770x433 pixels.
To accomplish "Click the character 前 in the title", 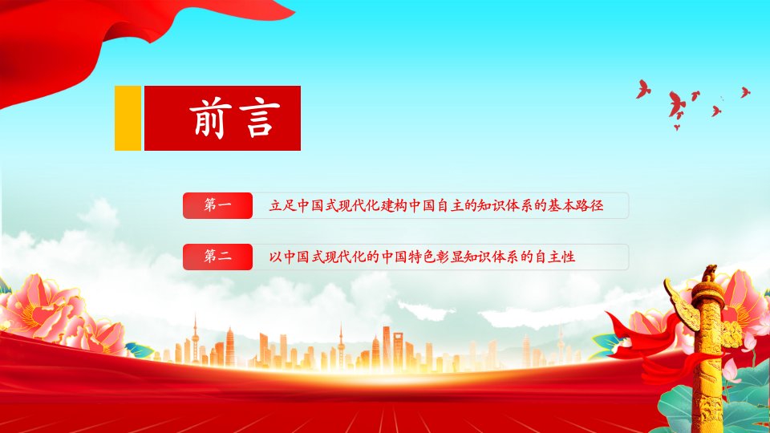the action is pos(208,119).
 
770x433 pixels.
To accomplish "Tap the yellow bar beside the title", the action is pos(128,119).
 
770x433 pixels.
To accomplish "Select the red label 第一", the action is pos(217,205).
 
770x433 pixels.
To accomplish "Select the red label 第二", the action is pos(217,257).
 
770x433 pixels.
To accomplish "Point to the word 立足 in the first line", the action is pos(282,205).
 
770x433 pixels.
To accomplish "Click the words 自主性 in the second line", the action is pos(555,257).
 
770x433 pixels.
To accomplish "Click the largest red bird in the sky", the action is pos(677,105).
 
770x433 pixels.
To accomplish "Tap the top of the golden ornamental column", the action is pos(709,273).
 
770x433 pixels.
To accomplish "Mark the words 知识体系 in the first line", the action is pos(505,205).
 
